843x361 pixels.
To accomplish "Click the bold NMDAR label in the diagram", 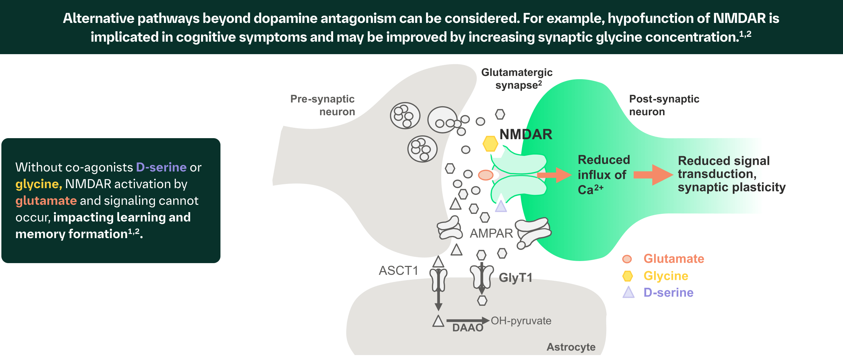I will coord(525,134).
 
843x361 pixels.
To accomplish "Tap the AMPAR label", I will coord(491,233).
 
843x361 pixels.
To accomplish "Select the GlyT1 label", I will coord(515,278).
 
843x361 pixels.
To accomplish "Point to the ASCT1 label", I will coord(398,270).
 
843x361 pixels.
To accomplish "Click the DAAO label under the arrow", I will coord(468,328).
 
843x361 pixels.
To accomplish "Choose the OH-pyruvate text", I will coord(521,320).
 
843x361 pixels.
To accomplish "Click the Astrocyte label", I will coord(571,347).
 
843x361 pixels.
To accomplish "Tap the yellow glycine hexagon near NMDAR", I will coord(490,144).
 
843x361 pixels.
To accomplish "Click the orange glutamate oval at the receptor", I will coord(485,175).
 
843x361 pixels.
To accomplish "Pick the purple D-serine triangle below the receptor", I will coord(501,207).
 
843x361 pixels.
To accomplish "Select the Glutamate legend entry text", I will coord(673,259).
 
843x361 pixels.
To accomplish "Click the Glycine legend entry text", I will coord(666,276).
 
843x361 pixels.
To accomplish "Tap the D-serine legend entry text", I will coord(668,293).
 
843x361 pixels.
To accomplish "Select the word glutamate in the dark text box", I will coord(46,201).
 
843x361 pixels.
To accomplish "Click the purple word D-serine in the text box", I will coord(161,167).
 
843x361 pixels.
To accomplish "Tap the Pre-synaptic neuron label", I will coord(322,105).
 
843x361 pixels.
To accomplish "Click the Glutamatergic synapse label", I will coord(516,78).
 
